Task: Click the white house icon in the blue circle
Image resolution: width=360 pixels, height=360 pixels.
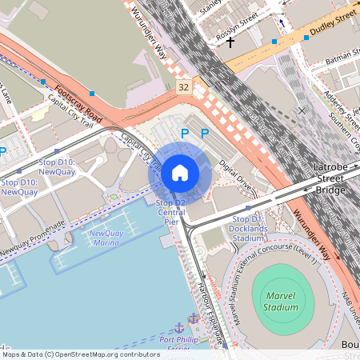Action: (180, 172)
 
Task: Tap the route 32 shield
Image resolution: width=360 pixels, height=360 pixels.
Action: (185, 86)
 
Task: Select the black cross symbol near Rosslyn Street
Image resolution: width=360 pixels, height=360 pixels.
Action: (230, 41)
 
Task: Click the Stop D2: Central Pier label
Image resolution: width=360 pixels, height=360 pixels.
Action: (171, 212)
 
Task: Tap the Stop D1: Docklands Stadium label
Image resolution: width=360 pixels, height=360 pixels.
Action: (247, 228)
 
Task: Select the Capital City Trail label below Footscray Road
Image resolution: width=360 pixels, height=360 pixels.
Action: (70, 111)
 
